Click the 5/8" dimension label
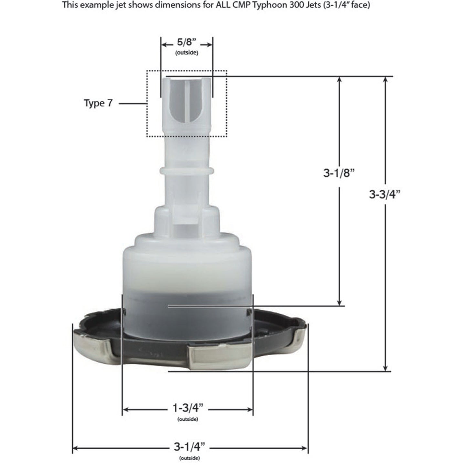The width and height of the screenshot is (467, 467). click(186, 42)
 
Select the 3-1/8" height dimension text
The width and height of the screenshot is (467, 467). click(339, 173)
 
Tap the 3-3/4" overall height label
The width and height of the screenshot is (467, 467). click(385, 194)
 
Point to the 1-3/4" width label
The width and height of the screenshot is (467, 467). click(188, 408)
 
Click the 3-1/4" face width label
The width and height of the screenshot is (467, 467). click(189, 447)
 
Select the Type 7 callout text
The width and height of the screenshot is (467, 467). click(98, 103)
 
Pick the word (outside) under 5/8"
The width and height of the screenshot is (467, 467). click(186, 53)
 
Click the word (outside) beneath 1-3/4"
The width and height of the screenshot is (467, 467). click(188, 419)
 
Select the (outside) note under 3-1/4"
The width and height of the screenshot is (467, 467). click(189, 458)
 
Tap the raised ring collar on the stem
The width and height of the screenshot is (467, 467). click(186, 170)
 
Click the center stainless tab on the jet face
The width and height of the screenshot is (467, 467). click(220, 357)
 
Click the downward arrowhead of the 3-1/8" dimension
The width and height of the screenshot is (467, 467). click(339, 302)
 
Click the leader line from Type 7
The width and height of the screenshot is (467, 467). click(133, 103)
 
